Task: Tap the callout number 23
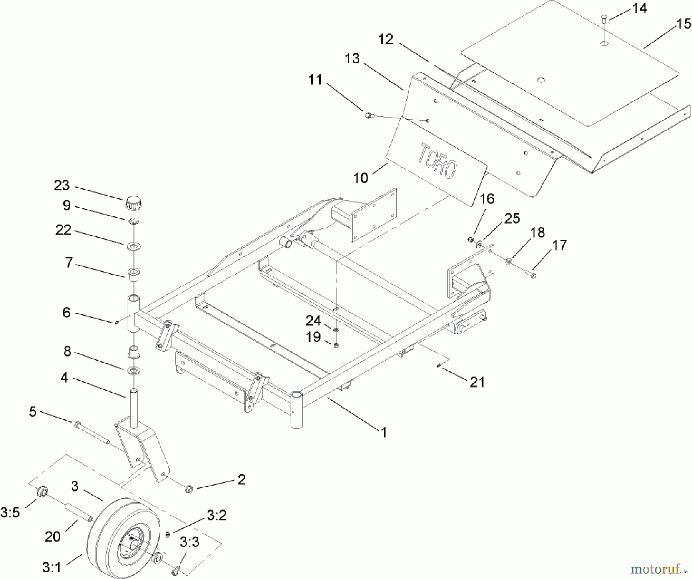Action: pyautogui.click(x=62, y=186)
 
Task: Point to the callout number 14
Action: pyautogui.click(x=640, y=8)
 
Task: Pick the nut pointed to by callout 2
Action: pyautogui.click(x=189, y=489)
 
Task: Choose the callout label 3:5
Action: pyautogui.click(x=10, y=512)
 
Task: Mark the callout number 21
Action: pyautogui.click(x=477, y=382)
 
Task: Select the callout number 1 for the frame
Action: pyautogui.click(x=383, y=433)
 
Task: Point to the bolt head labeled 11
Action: pyautogui.click(x=368, y=115)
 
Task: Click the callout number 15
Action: pyautogui.click(x=684, y=24)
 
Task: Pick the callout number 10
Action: pyautogui.click(x=361, y=178)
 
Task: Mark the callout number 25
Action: pyautogui.click(x=512, y=218)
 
